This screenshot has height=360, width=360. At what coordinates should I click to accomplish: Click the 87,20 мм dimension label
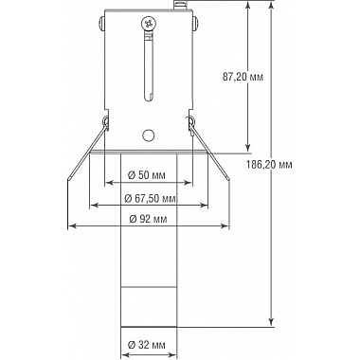pos(243,77)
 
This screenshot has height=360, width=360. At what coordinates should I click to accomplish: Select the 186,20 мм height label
pos(269,164)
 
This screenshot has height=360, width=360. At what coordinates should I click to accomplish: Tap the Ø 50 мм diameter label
pos(147,175)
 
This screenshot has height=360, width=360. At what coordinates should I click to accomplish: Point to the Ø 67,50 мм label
pos(150,199)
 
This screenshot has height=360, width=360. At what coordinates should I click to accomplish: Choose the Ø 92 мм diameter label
pos(148,219)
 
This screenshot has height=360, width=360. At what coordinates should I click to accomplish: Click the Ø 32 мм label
pos(147,345)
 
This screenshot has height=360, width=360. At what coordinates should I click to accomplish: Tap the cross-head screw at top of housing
pos(149,23)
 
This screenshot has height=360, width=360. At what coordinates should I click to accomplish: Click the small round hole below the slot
pos(148,135)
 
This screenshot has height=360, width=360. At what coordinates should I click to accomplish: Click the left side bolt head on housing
pos(101,24)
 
